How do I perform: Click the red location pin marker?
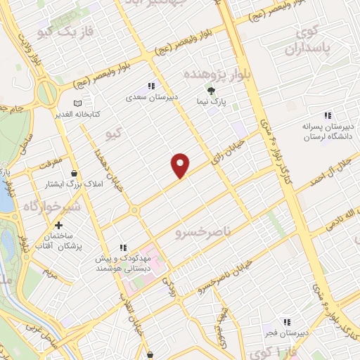[x=181, y=165]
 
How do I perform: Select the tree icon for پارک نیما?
[x=209, y=90]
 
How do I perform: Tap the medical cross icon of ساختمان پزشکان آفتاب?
[x=58, y=225]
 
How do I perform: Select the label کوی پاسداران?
[x=306, y=40]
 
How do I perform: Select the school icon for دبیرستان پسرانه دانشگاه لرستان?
[x=326, y=115]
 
